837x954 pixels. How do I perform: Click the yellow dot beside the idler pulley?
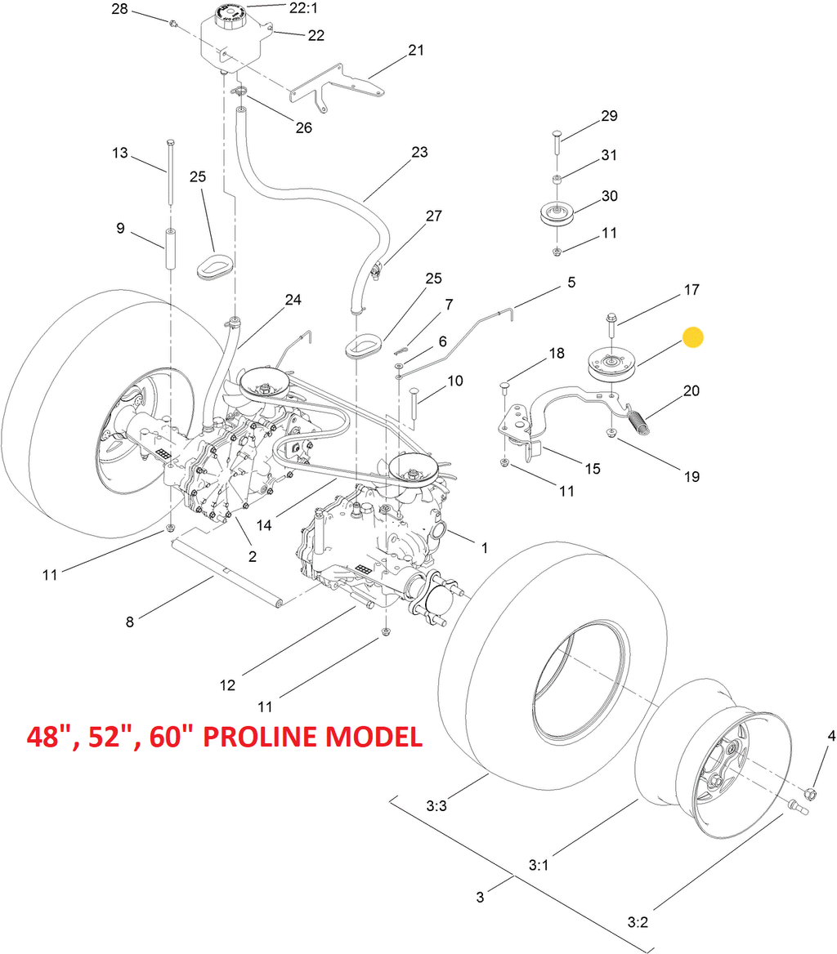click(692, 337)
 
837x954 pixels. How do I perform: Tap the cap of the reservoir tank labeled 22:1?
click(231, 14)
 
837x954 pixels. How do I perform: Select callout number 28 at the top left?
click(120, 9)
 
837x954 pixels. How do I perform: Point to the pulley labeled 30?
click(557, 213)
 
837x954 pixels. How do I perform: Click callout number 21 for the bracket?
click(416, 50)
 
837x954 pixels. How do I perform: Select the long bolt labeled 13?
click(169, 172)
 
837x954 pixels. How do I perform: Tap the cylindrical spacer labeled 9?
click(171, 249)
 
